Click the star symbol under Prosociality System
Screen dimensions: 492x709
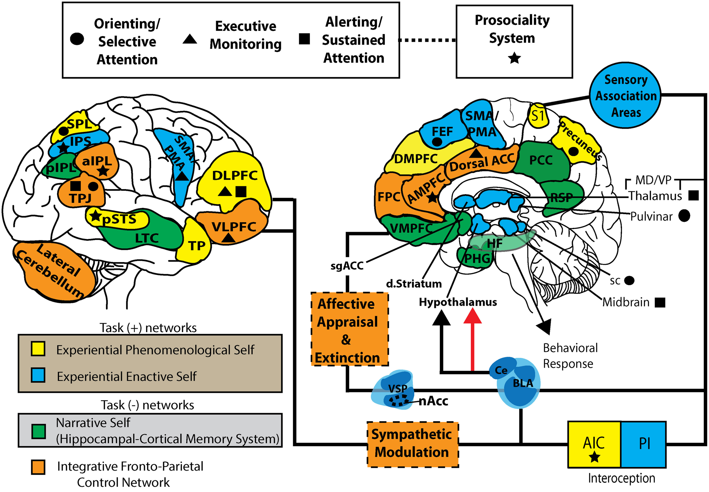pyautogui.click(x=514, y=58)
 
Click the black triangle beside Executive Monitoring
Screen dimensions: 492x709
pyautogui.click(x=190, y=39)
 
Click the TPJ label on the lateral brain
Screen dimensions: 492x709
pyautogui.click(x=81, y=198)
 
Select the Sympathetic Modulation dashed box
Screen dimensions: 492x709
pyautogui.click(x=412, y=444)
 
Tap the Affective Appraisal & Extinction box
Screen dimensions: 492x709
pyautogui.click(x=349, y=329)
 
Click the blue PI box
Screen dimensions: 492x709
pyautogui.click(x=644, y=444)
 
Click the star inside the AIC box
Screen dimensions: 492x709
pyautogui.click(x=594, y=457)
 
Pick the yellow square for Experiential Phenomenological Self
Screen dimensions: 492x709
pyautogui.click(x=38, y=349)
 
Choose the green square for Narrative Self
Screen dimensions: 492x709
pyautogui.click(x=39, y=431)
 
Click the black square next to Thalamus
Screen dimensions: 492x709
pyautogui.click(x=693, y=195)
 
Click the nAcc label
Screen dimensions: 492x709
pyautogui.click(x=433, y=401)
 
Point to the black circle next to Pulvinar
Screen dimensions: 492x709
pyautogui.click(x=684, y=216)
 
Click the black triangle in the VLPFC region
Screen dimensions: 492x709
pyautogui.click(x=228, y=238)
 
